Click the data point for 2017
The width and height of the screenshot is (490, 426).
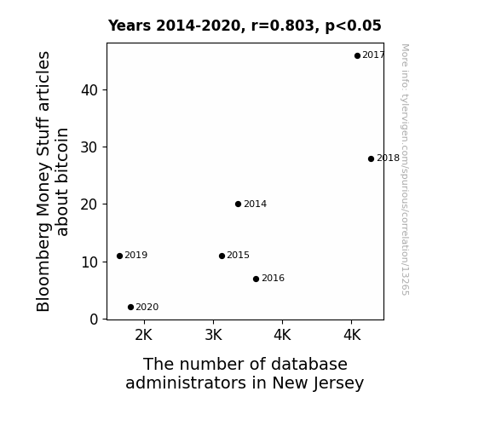click(357, 55)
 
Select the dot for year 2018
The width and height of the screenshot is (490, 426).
click(371, 158)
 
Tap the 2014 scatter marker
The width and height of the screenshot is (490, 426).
click(238, 204)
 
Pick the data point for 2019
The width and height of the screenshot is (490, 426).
click(119, 256)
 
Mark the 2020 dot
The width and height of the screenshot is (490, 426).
click(130, 308)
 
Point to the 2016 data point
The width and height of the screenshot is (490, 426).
click(256, 279)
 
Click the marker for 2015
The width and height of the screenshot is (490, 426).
click(222, 256)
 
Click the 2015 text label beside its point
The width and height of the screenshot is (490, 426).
click(238, 256)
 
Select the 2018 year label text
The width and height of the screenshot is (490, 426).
click(388, 158)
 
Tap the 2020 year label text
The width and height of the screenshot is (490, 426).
click(147, 308)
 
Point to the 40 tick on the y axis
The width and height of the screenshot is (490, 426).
click(89, 90)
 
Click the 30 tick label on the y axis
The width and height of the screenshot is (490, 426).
click(89, 147)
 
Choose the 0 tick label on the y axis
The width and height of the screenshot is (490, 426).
click(94, 319)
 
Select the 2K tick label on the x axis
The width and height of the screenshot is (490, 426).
click(144, 335)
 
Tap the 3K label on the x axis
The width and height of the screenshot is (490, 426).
click(213, 335)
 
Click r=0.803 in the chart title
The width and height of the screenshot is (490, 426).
click(283, 26)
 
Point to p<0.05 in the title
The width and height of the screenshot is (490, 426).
click(353, 26)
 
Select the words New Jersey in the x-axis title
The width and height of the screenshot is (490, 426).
click(318, 383)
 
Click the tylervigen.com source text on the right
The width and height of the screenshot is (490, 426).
click(405, 170)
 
